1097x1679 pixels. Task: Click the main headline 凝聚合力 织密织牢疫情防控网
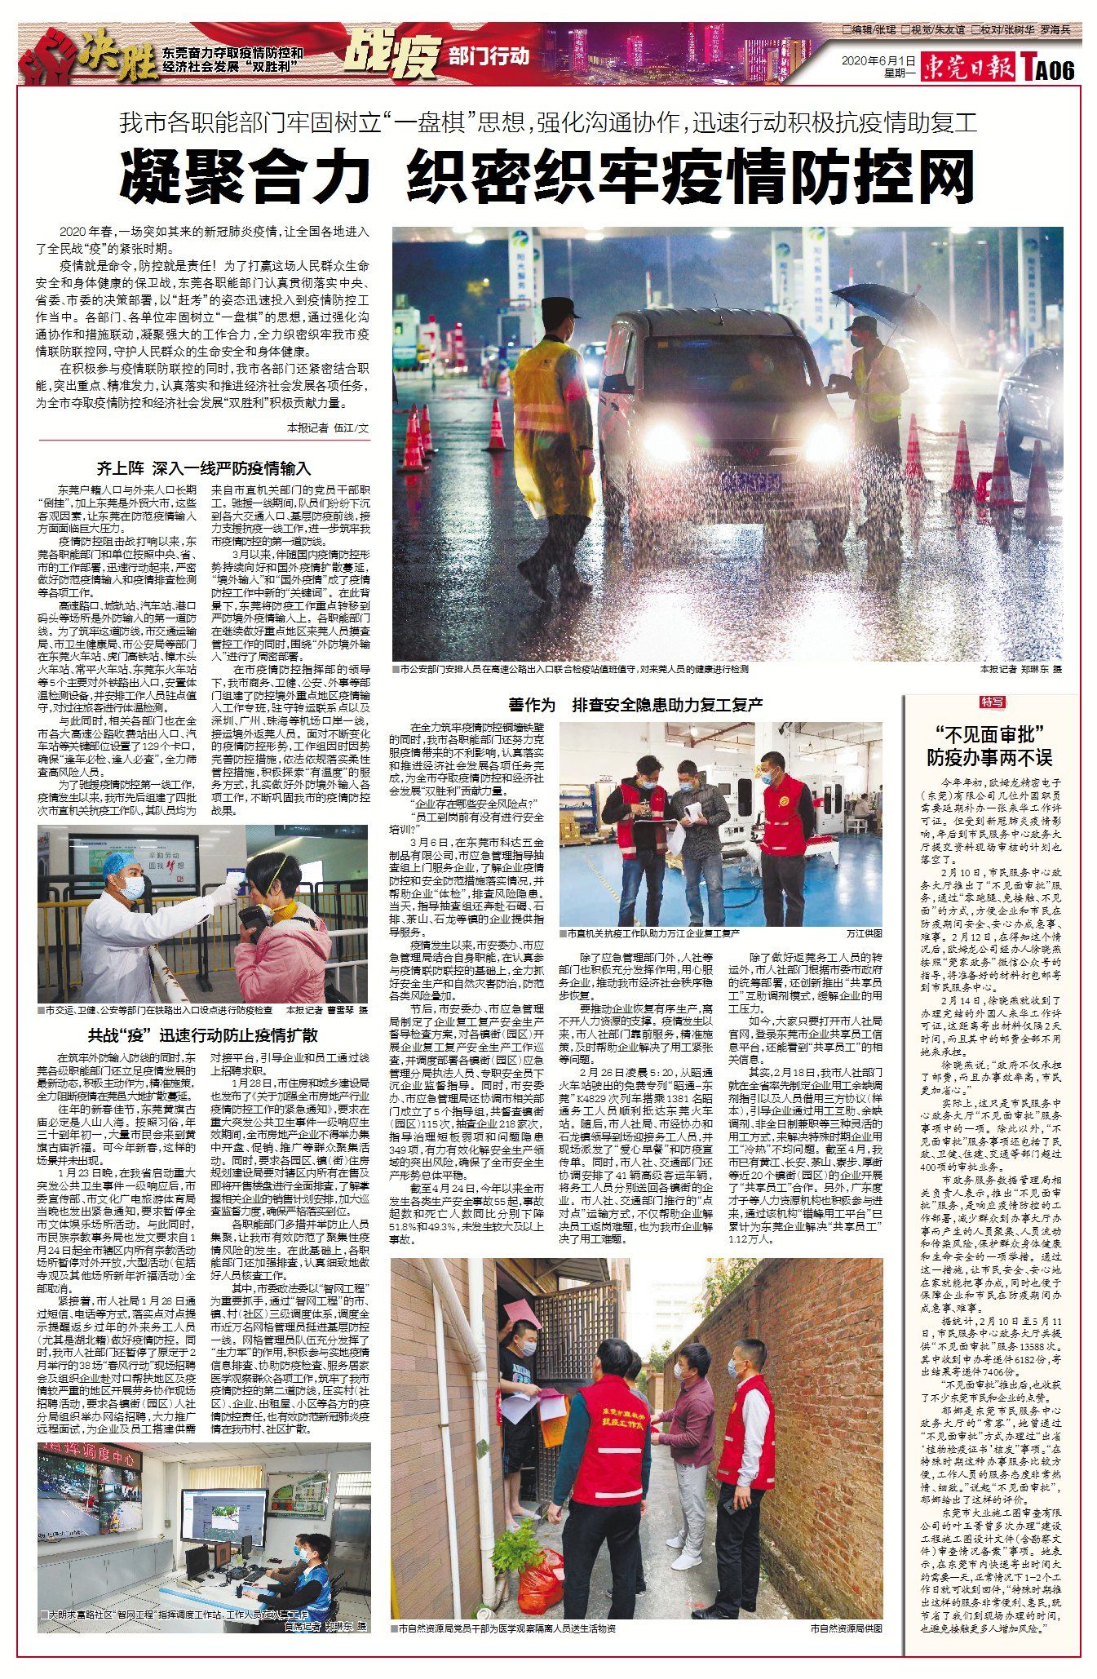tap(547, 175)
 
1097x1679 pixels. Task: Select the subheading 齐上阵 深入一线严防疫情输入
tap(204, 468)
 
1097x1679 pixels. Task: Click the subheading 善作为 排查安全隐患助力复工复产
tap(635, 705)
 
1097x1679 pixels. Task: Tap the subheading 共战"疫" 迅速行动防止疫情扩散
tap(203, 1035)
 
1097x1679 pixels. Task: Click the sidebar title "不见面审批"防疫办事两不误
tap(990, 745)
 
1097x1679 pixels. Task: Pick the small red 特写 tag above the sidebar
tap(993, 702)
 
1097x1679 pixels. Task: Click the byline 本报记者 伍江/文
tap(328, 427)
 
